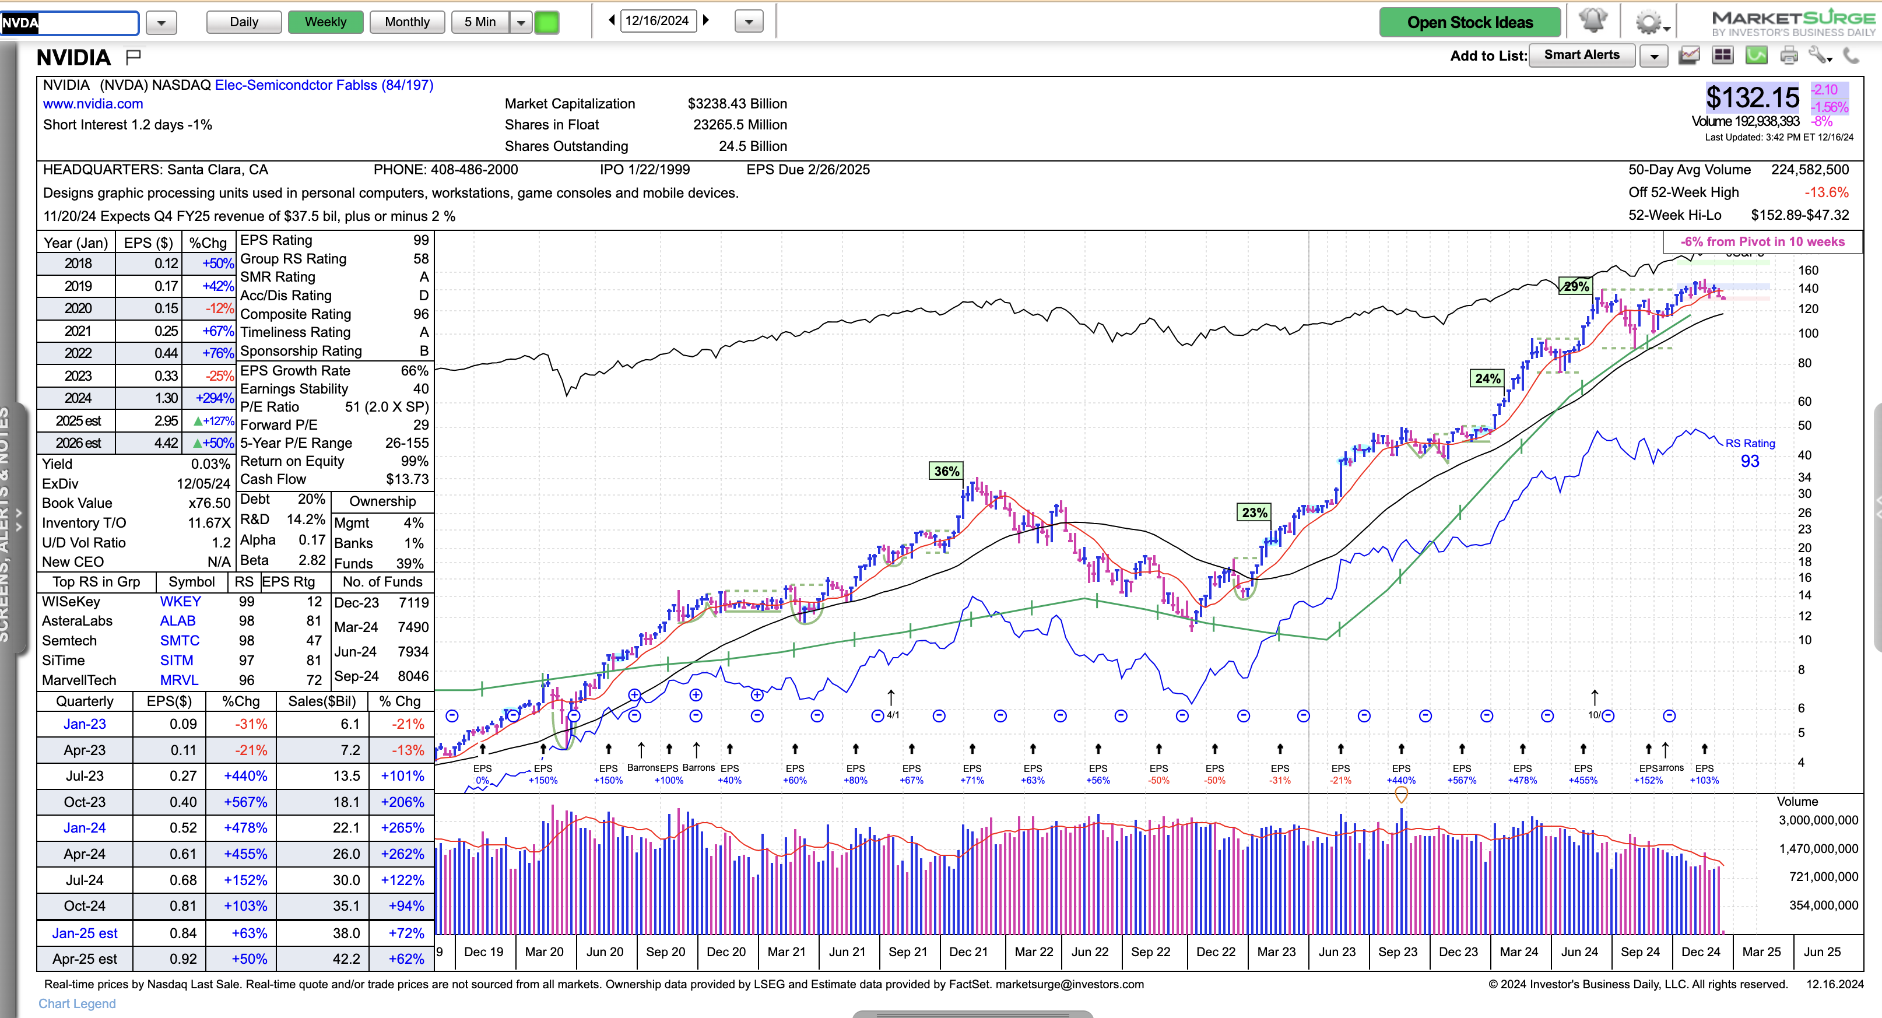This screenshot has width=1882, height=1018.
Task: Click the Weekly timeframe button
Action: (325, 22)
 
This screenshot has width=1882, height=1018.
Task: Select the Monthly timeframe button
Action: (407, 22)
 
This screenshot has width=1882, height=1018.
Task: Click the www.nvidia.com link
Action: (93, 104)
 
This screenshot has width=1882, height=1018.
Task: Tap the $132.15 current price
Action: (1752, 97)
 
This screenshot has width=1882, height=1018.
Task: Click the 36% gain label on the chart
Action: (947, 471)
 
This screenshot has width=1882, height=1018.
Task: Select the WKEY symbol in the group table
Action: (180, 602)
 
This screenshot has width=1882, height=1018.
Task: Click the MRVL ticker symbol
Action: (179, 680)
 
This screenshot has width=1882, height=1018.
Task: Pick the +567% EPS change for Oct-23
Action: (245, 802)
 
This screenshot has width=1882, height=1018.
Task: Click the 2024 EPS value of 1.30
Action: (166, 398)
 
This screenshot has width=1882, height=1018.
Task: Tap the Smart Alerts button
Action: (1582, 55)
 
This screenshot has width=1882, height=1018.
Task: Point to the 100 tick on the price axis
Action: (1808, 334)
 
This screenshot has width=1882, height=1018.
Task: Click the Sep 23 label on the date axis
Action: (1398, 952)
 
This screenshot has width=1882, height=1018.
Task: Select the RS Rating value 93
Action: (1750, 461)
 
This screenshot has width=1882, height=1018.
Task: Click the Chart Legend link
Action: (77, 1003)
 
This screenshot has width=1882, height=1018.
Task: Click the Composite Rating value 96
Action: (421, 314)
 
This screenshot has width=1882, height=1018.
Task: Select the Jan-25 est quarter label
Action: (85, 933)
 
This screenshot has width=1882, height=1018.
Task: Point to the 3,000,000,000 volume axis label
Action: (1818, 820)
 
